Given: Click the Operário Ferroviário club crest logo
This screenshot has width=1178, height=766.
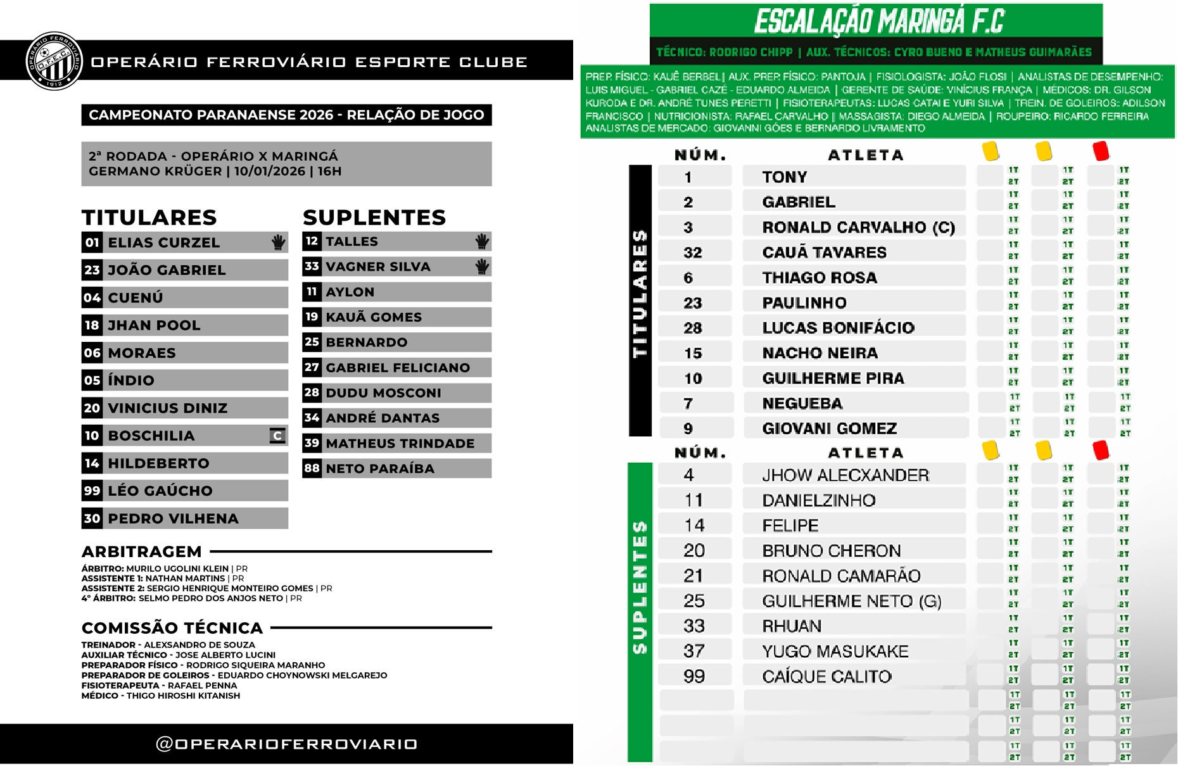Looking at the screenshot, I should (54, 61).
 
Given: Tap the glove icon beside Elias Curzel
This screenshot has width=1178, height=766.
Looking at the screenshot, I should (278, 242).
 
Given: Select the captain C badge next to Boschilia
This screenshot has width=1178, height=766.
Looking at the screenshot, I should (277, 436).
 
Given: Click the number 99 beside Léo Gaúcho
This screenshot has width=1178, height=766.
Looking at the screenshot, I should (92, 491).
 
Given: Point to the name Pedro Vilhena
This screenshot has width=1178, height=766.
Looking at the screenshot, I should (173, 518).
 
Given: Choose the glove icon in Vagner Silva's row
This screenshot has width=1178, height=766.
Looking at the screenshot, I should (482, 267).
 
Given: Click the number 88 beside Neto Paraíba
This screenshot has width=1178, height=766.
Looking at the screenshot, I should (312, 468).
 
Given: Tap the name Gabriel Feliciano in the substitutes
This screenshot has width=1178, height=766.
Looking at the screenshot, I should (398, 367).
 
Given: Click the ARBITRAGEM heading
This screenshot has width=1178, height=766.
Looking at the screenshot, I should (142, 551).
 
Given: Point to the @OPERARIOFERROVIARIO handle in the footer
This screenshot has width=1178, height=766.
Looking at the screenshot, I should (286, 744).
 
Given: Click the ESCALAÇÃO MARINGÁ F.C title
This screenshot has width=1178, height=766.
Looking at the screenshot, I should (879, 22).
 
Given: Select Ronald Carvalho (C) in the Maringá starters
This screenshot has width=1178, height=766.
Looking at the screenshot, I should (858, 227).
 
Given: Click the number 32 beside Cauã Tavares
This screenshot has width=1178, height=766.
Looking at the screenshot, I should (692, 253).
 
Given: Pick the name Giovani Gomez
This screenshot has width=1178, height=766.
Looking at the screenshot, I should (829, 429).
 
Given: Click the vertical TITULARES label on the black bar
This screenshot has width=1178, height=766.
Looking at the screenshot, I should (640, 294).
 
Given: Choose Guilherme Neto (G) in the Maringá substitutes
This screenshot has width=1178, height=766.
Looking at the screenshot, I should (851, 601).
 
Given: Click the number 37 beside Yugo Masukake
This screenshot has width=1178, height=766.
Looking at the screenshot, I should (693, 651).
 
